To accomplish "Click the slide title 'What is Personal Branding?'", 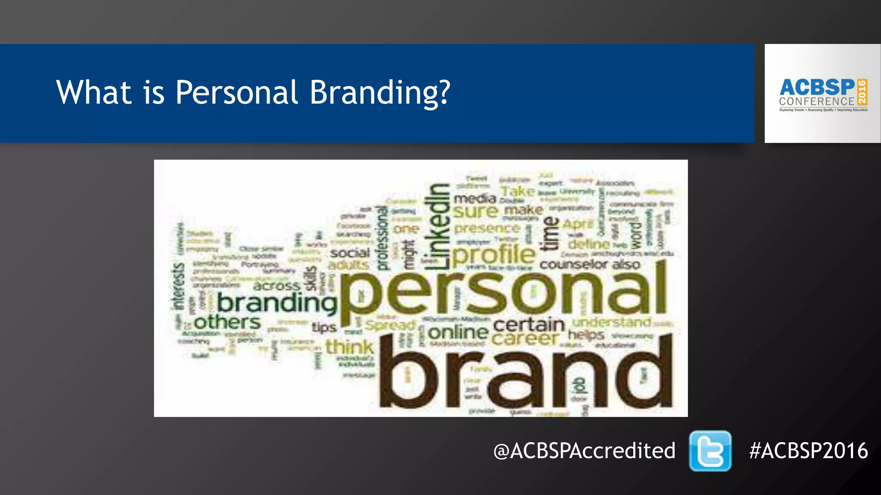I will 253,92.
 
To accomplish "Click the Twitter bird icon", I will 710,451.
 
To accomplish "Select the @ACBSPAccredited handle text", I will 584,451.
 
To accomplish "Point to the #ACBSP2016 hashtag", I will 808,451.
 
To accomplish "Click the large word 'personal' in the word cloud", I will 503,292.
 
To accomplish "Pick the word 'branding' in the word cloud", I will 277,303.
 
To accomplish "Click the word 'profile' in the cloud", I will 493,254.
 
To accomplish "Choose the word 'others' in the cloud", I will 227,322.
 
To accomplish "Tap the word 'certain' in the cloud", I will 529,324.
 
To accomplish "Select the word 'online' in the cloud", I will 459,332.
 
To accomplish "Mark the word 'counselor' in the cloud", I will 573,265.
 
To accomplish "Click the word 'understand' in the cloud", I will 611,322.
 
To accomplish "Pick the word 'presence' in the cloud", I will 487,228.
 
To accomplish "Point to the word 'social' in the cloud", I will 350,253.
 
